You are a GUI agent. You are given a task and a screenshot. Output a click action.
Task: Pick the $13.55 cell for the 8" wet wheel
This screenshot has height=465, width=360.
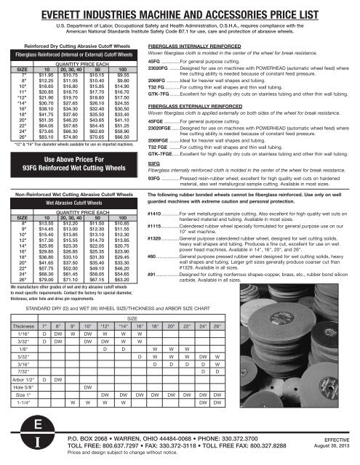45,204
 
